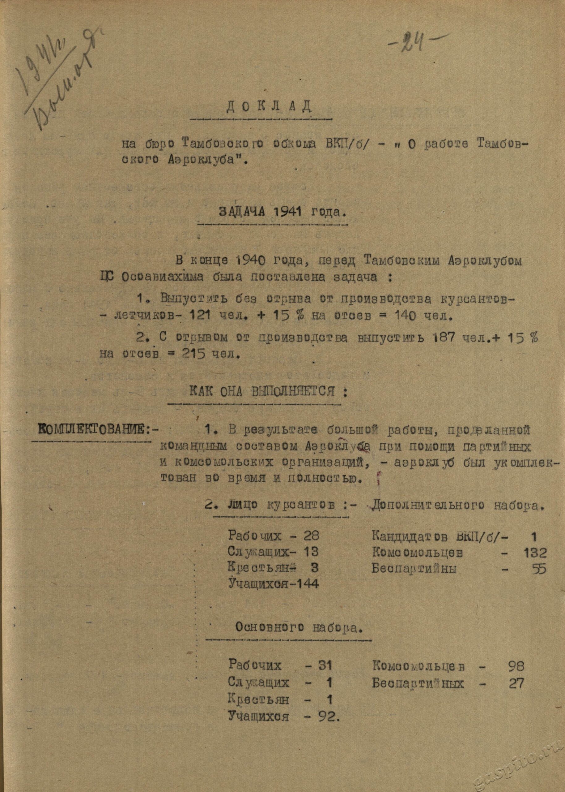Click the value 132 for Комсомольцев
pyautogui.click(x=535, y=553)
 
